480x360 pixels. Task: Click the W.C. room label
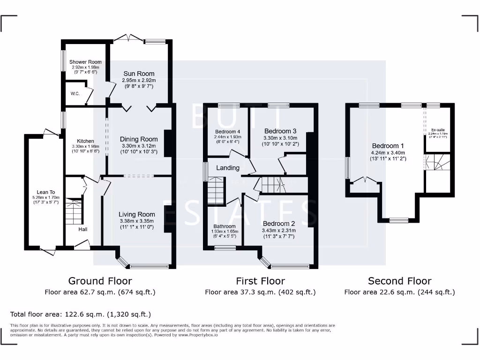tap(75, 93)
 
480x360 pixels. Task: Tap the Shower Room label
tap(85, 62)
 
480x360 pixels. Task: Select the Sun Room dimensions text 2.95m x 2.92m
tap(139, 80)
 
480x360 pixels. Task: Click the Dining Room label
tap(139, 139)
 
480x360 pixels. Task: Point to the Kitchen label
tap(85, 141)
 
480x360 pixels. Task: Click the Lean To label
tap(46, 192)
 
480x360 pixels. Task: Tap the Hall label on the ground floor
tap(82, 229)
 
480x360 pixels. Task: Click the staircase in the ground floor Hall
tap(74, 211)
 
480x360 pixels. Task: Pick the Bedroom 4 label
tap(228, 132)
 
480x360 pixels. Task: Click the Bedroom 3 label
tap(280, 131)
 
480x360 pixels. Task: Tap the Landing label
tap(228, 168)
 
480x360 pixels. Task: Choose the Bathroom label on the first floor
tap(223, 226)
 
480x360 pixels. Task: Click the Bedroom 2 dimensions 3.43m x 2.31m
tap(278, 231)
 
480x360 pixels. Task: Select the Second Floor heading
tap(399, 281)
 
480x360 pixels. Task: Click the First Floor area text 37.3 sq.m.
tap(260, 292)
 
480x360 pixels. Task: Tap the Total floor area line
tap(81, 314)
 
